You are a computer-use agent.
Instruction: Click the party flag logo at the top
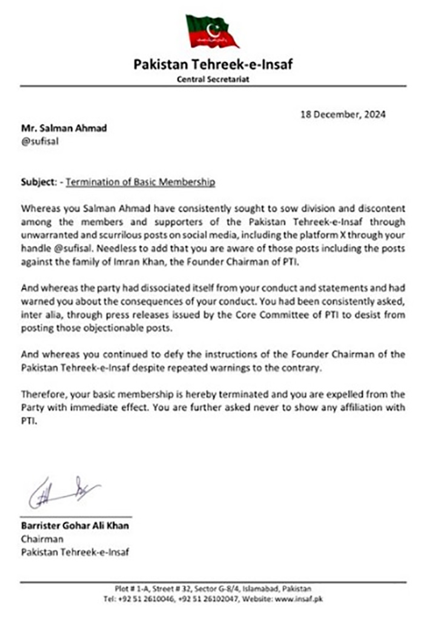pyautogui.click(x=211, y=31)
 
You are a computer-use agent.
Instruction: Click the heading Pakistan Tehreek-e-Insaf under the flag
pyautogui.click(x=213, y=64)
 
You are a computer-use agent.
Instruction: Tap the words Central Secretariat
pyautogui.click(x=212, y=79)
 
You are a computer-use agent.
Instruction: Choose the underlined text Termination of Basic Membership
pyautogui.click(x=140, y=182)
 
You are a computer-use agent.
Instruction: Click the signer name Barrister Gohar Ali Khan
pyautogui.click(x=75, y=525)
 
